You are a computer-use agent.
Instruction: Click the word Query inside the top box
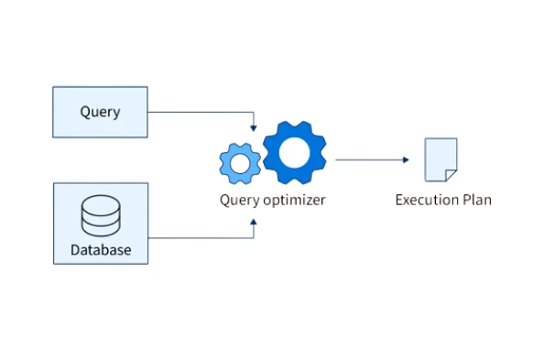pos(100,112)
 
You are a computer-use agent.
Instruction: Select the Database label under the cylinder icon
pos(100,249)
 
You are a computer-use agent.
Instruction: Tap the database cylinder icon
pos(100,215)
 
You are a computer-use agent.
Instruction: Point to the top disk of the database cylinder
pos(100,202)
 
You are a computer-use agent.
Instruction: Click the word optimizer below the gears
pos(293,199)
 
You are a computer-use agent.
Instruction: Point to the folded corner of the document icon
pos(451,175)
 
